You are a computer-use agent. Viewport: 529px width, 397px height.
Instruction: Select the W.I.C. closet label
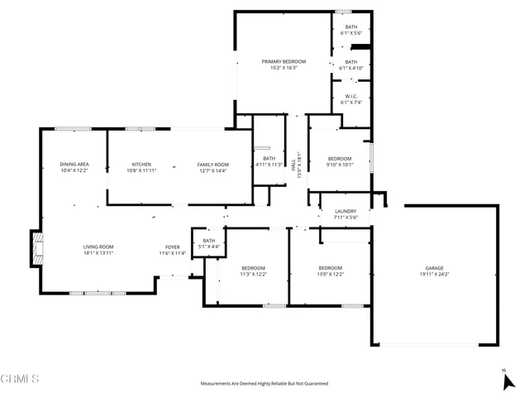350,99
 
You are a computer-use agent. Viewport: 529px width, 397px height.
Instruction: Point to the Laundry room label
345,215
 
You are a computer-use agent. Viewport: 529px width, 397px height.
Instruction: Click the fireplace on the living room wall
36,248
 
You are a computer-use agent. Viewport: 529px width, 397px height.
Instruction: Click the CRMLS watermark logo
20,379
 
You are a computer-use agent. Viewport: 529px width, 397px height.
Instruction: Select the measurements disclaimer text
264,384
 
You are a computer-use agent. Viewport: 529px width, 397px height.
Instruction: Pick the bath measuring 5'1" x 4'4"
208,244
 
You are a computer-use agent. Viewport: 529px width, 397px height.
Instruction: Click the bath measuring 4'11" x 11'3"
269,161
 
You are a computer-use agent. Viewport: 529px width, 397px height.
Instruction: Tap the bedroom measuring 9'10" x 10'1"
339,161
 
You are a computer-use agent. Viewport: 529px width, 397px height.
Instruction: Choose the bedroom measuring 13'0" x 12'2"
330,272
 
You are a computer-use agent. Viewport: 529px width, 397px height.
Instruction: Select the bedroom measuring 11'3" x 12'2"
253,272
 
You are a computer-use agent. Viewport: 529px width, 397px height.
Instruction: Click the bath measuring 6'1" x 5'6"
350,30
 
